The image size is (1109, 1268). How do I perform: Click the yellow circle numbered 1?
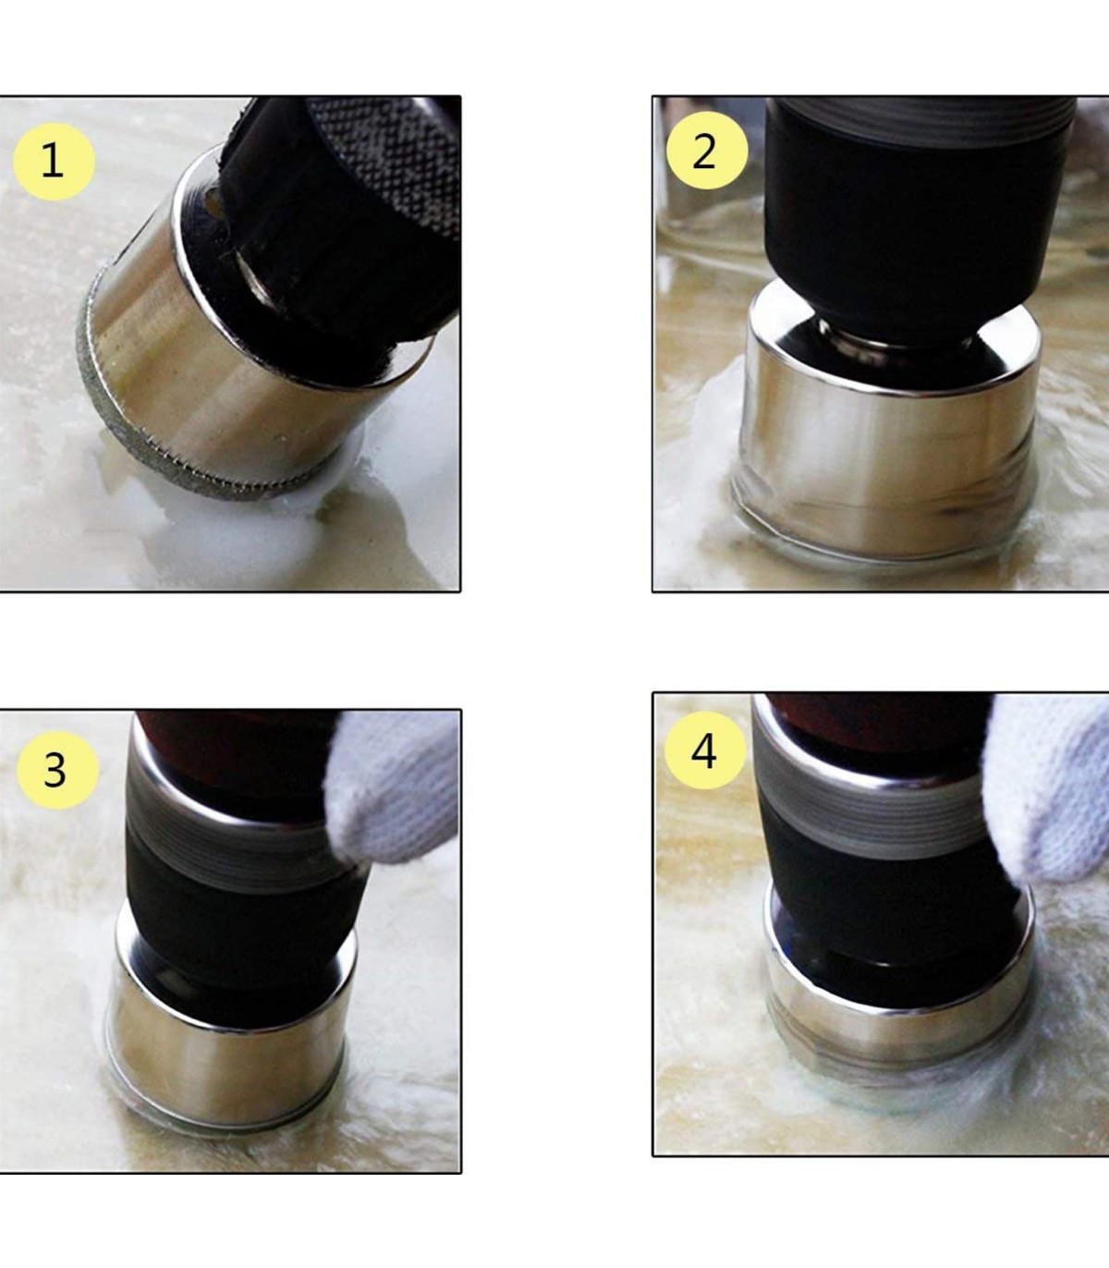[54, 161]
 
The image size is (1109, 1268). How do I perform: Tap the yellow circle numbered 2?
[707, 151]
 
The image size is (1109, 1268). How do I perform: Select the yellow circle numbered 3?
[57, 771]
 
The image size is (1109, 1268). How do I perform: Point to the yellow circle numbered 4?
[705, 750]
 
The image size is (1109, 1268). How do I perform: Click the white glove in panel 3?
[394, 784]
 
